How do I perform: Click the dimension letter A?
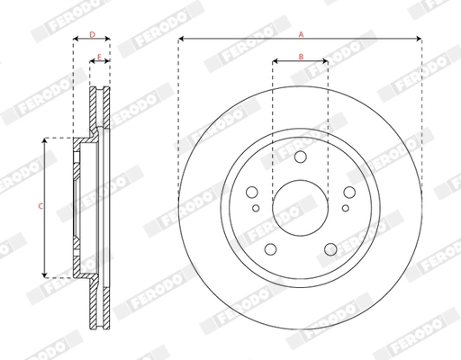pyautogui.click(x=300, y=32)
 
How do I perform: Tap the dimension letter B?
pyautogui.click(x=300, y=57)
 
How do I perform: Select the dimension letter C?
pyautogui.click(x=39, y=207)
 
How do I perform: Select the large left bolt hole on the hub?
pyautogui.click(x=252, y=193)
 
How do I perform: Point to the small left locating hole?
pyautogui.click(x=258, y=209)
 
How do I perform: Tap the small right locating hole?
pyautogui.click(x=342, y=209)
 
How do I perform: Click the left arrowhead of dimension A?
pyautogui.click(x=181, y=39)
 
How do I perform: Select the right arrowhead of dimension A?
pyautogui.click(x=419, y=39)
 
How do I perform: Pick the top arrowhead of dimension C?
pyautogui.click(x=45, y=141)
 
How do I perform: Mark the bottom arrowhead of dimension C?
pyautogui.click(x=45, y=273)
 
